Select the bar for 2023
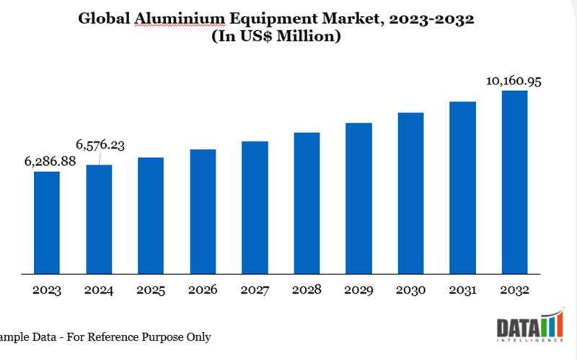47,223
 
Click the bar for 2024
99,219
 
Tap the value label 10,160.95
514,81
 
